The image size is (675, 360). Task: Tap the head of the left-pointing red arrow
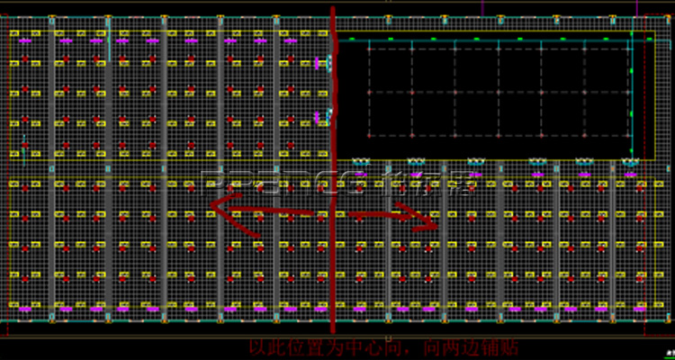point(214,205)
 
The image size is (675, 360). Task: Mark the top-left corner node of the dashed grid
point(368,49)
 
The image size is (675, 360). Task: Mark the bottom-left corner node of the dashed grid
point(368,136)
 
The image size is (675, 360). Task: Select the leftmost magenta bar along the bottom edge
point(24,310)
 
